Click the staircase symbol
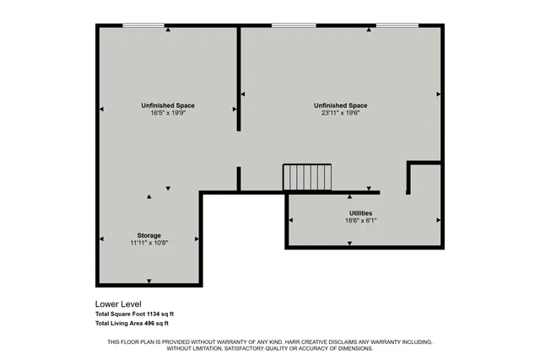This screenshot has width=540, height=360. click(x=307, y=177)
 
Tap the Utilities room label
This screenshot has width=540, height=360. click(x=361, y=213)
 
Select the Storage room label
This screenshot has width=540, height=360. click(x=149, y=235)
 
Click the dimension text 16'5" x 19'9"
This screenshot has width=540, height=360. click(x=168, y=113)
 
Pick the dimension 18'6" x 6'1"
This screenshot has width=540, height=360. click(x=361, y=221)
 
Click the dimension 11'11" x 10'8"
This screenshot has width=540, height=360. click(x=149, y=243)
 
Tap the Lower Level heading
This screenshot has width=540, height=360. click(x=118, y=304)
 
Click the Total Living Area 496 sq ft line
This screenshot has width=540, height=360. click(x=132, y=323)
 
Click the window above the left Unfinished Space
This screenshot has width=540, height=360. click(x=144, y=25)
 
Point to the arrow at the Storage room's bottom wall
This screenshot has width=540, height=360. click(x=149, y=281)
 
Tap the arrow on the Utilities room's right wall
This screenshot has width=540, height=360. click(x=439, y=219)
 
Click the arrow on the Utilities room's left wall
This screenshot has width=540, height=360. click(x=291, y=219)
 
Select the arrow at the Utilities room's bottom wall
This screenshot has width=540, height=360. click(x=350, y=244)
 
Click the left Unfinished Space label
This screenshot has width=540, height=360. click(x=168, y=105)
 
